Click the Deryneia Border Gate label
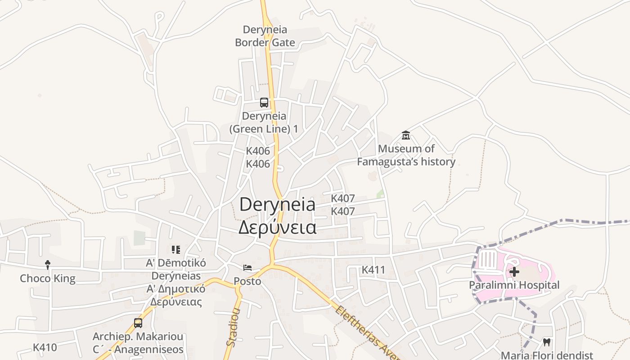tap(265, 36)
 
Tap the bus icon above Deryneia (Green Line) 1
tap(264, 103)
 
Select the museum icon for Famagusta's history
tap(406, 135)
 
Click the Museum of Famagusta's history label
tap(406, 155)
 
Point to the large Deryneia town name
tap(277, 205)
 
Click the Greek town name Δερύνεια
tap(277, 227)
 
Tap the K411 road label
tap(373, 270)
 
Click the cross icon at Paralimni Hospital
tap(514, 272)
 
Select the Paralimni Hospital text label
tap(514, 285)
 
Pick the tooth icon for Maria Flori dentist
tap(547, 342)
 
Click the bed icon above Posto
tap(247, 268)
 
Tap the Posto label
tap(247, 281)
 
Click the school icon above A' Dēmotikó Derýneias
tap(176, 249)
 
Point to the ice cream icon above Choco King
tap(48, 265)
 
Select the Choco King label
tap(48, 279)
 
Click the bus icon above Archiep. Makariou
tap(138, 323)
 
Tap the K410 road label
tap(45, 347)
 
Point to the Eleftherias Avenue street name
tap(367, 333)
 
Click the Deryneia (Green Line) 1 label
tap(264, 122)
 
